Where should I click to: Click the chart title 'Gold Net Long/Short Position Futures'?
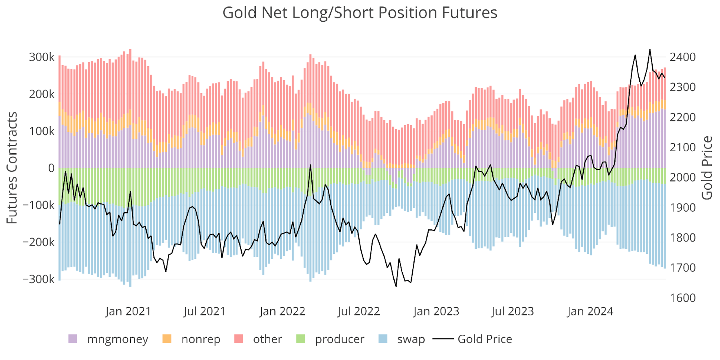tap(359, 13)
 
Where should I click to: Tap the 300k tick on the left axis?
tap(42, 57)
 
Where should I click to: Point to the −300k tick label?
tap(39, 279)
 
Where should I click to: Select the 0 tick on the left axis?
tap(52, 168)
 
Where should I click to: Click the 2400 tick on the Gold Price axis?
tap(683, 57)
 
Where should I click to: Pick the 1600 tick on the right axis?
tap(683, 298)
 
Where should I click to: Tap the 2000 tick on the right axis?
tap(683, 177)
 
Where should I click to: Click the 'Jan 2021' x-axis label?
tap(128, 311)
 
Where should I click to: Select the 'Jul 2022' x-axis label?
tap(359, 311)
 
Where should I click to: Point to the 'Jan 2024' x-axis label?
tap(590, 311)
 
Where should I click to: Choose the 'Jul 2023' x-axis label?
tap(513, 311)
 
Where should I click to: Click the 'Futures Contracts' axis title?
tap(12, 168)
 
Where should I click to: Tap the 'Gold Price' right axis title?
tap(707, 168)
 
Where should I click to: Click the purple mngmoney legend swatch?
tap(73, 339)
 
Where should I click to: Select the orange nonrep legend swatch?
tap(167, 339)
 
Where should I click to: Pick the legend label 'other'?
tap(267, 339)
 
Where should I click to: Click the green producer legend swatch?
tap(300, 339)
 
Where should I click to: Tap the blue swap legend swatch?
tap(383, 339)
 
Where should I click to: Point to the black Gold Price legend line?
tap(443, 339)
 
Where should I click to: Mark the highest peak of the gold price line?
tap(650, 50)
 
